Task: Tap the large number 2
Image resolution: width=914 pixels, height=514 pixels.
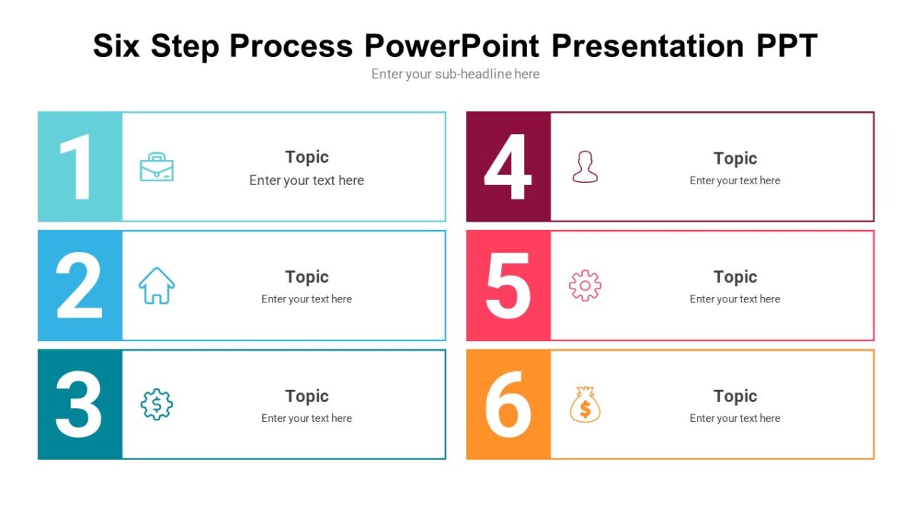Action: click(x=79, y=286)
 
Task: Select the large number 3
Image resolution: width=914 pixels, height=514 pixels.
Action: click(x=78, y=404)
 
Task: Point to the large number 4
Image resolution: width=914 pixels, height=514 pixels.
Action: click(x=507, y=167)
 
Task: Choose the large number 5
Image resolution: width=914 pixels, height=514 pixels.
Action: click(x=508, y=286)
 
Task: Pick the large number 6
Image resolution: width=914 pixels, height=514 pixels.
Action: click(x=508, y=404)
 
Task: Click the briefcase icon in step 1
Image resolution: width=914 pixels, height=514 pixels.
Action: click(x=157, y=167)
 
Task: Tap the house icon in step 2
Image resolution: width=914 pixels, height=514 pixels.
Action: click(x=157, y=286)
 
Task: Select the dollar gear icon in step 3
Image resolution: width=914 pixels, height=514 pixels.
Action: click(x=157, y=404)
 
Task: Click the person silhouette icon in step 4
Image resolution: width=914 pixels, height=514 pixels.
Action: click(x=585, y=167)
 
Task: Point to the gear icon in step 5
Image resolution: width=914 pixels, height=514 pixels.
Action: click(x=585, y=286)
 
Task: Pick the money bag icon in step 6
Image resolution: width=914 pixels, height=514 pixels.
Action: click(x=585, y=404)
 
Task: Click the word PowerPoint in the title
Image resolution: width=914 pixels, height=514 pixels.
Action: click(x=452, y=46)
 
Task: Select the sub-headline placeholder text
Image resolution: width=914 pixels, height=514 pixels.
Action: click(x=455, y=74)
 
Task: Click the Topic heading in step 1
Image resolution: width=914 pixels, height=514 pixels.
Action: click(x=307, y=157)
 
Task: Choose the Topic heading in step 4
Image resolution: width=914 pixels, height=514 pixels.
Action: click(x=735, y=158)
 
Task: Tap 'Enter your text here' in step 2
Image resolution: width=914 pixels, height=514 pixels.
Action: click(x=306, y=299)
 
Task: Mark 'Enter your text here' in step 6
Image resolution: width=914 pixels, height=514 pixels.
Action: click(x=735, y=418)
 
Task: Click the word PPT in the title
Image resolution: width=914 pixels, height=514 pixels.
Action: click(x=787, y=46)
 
